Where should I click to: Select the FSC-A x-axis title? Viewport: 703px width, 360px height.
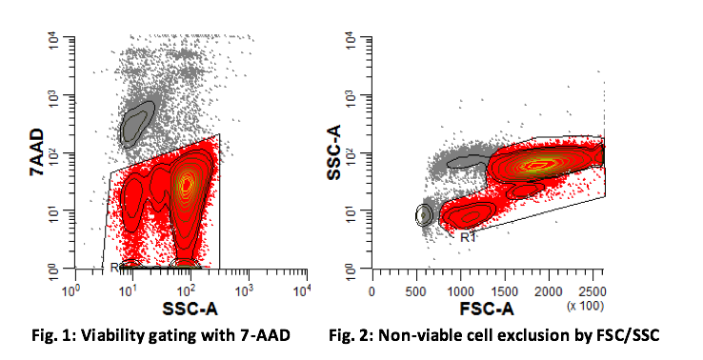(487, 309)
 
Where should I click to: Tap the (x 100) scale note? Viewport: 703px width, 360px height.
(584, 305)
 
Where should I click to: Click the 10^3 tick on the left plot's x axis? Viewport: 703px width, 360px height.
(246, 290)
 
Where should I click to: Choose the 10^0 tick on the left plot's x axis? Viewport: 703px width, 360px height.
(70, 290)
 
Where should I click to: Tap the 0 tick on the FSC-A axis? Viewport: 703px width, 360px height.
(372, 290)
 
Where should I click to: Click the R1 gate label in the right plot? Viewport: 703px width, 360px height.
(468, 237)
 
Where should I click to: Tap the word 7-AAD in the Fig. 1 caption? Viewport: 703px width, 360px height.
(260, 336)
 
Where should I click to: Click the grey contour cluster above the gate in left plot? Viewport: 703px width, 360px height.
(137, 121)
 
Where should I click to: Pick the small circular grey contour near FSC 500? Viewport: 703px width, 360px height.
(425, 215)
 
